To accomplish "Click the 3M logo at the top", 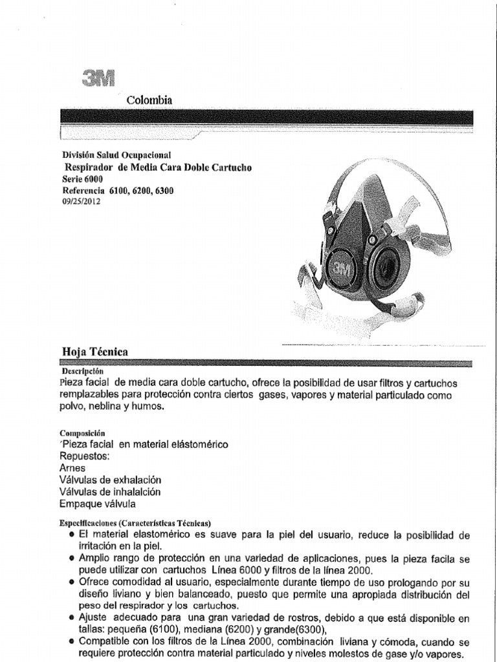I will pyautogui.click(x=98, y=78).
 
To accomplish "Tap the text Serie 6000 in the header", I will pyautogui.click(x=82, y=179).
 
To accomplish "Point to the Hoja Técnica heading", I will pyautogui.click(x=94, y=352).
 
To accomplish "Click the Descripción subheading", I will pyautogui.click(x=83, y=372).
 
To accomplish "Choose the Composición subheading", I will pyautogui.click(x=82, y=432).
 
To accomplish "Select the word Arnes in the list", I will pyautogui.click(x=72, y=467).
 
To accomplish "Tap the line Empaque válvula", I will pyautogui.click(x=98, y=504).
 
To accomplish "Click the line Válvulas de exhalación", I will pyautogui.click(x=110, y=480).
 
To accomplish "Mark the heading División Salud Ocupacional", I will pyautogui.click(x=116, y=155).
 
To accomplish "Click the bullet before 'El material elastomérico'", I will pyautogui.click(x=70, y=536).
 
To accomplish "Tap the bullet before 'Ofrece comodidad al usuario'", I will pyautogui.click(x=70, y=582).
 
